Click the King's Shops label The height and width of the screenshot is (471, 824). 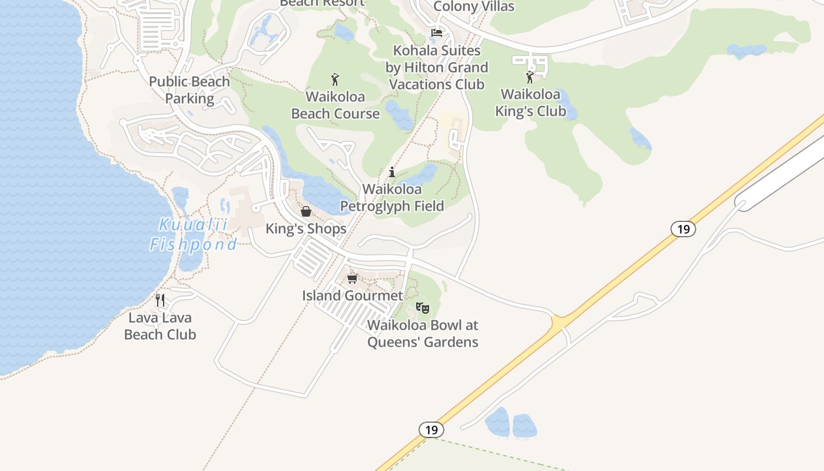point(306,228)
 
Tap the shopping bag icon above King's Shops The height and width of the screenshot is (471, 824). point(306,211)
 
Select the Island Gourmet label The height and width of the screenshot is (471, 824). point(353,296)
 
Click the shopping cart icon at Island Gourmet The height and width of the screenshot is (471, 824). point(352,278)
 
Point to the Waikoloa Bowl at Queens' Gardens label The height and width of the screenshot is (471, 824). point(423,333)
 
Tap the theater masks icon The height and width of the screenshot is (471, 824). point(423,307)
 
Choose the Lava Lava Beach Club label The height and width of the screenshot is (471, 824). point(160,326)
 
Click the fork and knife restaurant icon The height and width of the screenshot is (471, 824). point(160,300)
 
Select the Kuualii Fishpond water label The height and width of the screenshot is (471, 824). point(193,234)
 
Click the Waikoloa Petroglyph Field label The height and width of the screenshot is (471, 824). point(392,198)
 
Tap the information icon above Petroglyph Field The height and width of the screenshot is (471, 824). point(392,172)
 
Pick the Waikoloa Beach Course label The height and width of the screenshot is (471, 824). point(335,105)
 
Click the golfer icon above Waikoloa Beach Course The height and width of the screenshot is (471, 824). point(335,79)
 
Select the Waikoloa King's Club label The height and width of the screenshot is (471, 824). point(530,102)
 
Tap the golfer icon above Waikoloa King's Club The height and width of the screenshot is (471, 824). point(530,77)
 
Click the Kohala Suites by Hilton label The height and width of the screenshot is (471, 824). point(437,67)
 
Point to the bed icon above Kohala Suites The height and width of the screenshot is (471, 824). point(437,33)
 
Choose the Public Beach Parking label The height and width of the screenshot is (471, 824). point(190,89)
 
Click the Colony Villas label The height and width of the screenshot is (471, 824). point(474,6)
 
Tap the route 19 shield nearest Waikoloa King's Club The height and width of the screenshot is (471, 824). point(683,229)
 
